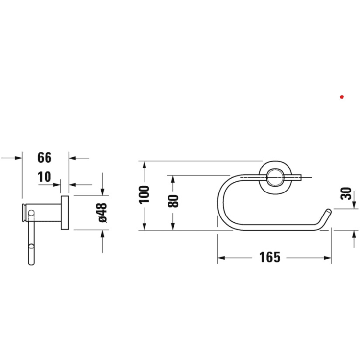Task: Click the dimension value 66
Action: [45, 158]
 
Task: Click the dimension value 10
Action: [45, 177]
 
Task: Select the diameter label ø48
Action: [102, 214]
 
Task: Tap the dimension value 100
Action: [144, 195]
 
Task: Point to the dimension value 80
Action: [173, 201]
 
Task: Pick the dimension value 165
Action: [270, 257]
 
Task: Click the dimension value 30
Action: [347, 193]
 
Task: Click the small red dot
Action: [342, 97]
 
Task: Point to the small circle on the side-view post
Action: [32, 213]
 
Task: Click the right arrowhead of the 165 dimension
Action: [328, 257]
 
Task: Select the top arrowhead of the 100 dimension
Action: [144, 164]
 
